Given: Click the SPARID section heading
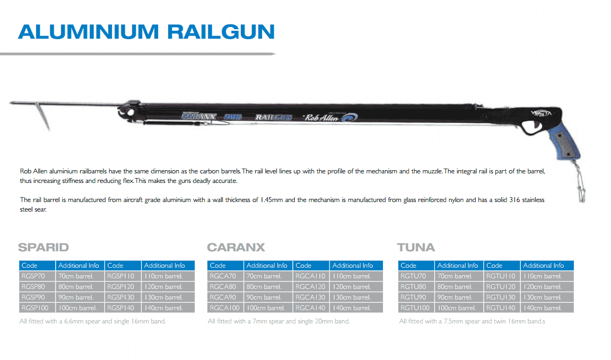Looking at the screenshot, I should point(43,248).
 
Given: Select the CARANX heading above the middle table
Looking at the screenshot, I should point(235,248).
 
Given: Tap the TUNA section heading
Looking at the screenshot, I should point(416,248).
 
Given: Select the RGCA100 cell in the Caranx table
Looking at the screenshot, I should point(225,308).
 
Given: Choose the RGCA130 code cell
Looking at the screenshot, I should point(311,297).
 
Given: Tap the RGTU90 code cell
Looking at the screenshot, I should point(414,297).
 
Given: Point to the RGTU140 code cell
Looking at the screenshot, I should point(501,308).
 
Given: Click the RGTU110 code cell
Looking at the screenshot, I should point(501,276).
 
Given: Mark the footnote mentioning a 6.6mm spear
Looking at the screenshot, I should point(93,321).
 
